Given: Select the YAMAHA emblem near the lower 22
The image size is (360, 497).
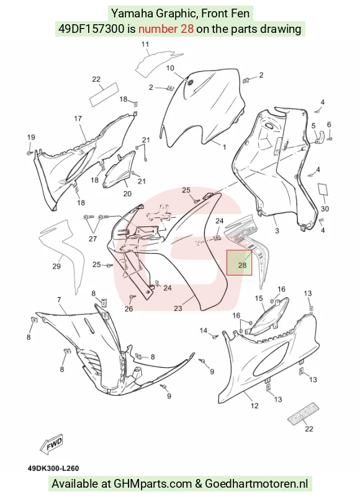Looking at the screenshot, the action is point(303,413).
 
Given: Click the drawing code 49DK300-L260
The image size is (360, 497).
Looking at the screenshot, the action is point(53,468).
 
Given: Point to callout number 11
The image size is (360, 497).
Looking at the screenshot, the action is point(145,44).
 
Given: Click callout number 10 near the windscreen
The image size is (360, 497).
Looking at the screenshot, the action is point(170,68).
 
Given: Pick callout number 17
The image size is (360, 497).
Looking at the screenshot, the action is point(78,119).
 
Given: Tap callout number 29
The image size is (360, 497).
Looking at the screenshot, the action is point(56,266).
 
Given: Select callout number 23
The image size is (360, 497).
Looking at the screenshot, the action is point(178,308).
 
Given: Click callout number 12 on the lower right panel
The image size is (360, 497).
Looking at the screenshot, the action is point(254,405).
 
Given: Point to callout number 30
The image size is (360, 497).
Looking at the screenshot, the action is point(325,208).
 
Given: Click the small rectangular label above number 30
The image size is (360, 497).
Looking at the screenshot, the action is point(323,189).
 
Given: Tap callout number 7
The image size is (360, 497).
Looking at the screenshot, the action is point(59,299).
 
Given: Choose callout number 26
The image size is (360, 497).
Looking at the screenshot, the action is point(128,308).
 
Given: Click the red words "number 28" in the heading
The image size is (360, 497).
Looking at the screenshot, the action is point(166,29).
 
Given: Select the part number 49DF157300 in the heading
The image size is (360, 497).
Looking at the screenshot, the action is point(91,29).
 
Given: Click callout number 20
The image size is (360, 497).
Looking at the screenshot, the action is point(127,194).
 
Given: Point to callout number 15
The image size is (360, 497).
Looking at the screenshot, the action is point(259,298).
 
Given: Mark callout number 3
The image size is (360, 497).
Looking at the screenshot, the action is point(277,231).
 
